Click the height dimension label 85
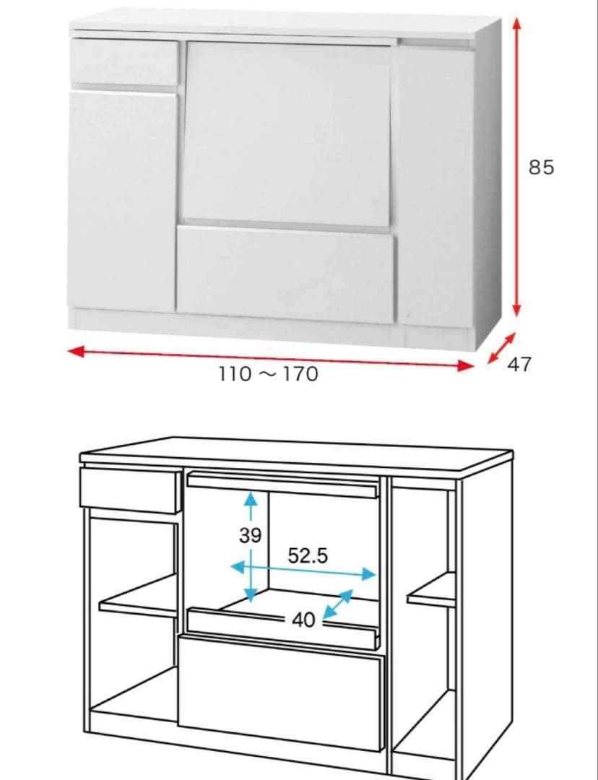click(x=541, y=168)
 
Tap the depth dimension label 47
click(x=519, y=365)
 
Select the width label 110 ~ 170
click(x=268, y=374)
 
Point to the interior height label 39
click(x=250, y=535)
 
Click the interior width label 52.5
click(x=308, y=555)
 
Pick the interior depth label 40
click(x=303, y=620)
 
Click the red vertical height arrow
click(x=517, y=167)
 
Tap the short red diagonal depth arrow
click(x=501, y=348)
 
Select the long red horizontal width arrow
click(x=271, y=359)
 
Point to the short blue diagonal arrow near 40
click(x=338, y=604)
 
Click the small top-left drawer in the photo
click(x=124, y=61)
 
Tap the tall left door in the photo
click(x=122, y=201)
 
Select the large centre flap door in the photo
click(x=286, y=134)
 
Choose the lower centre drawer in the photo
click(x=286, y=274)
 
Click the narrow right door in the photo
click(x=435, y=186)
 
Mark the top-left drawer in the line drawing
click(x=130, y=490)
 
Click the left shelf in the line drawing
click(x=139, y=597)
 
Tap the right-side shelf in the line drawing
click(x=431, y=590)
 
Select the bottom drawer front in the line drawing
click(x=281, y=693)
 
